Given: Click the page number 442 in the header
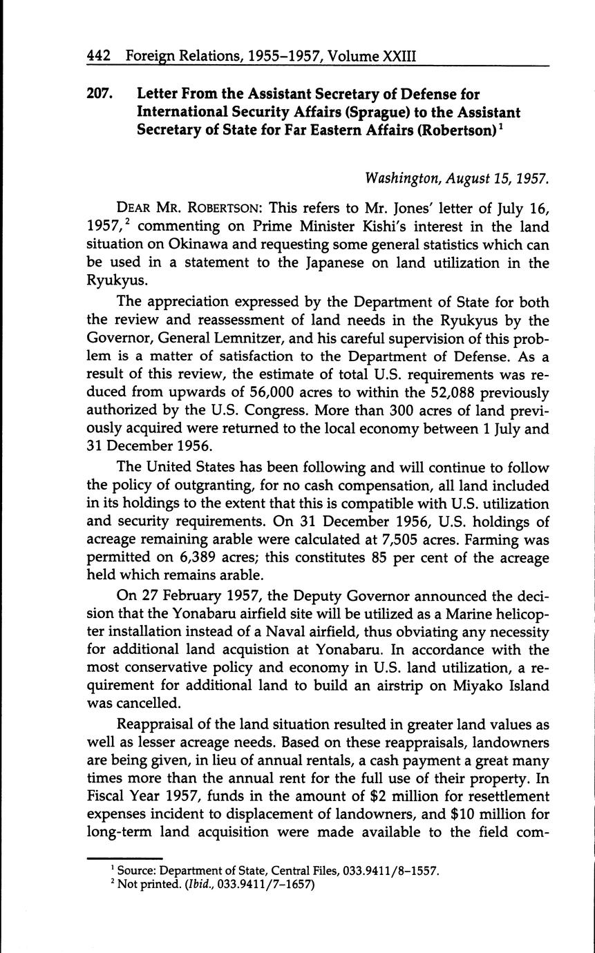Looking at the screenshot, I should point(100,55).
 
